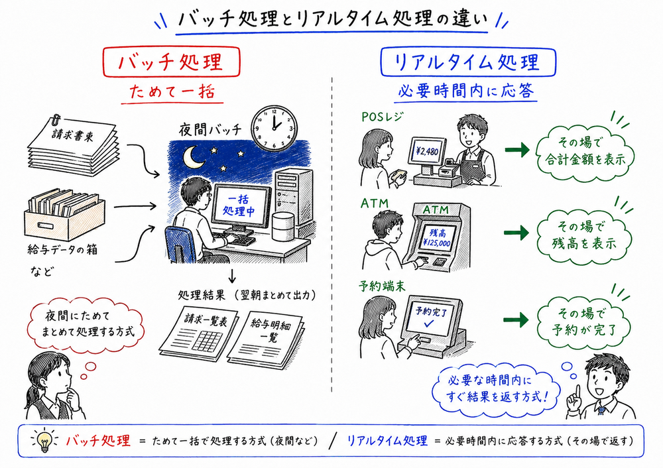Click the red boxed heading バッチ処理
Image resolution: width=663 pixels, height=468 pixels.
170,62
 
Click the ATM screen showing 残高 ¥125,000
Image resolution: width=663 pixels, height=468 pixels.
436,237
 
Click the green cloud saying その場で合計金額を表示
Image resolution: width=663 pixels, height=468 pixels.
581,152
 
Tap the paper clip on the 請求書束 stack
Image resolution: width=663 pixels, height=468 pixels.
57,121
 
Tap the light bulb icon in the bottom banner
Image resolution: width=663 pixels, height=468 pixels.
45,440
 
